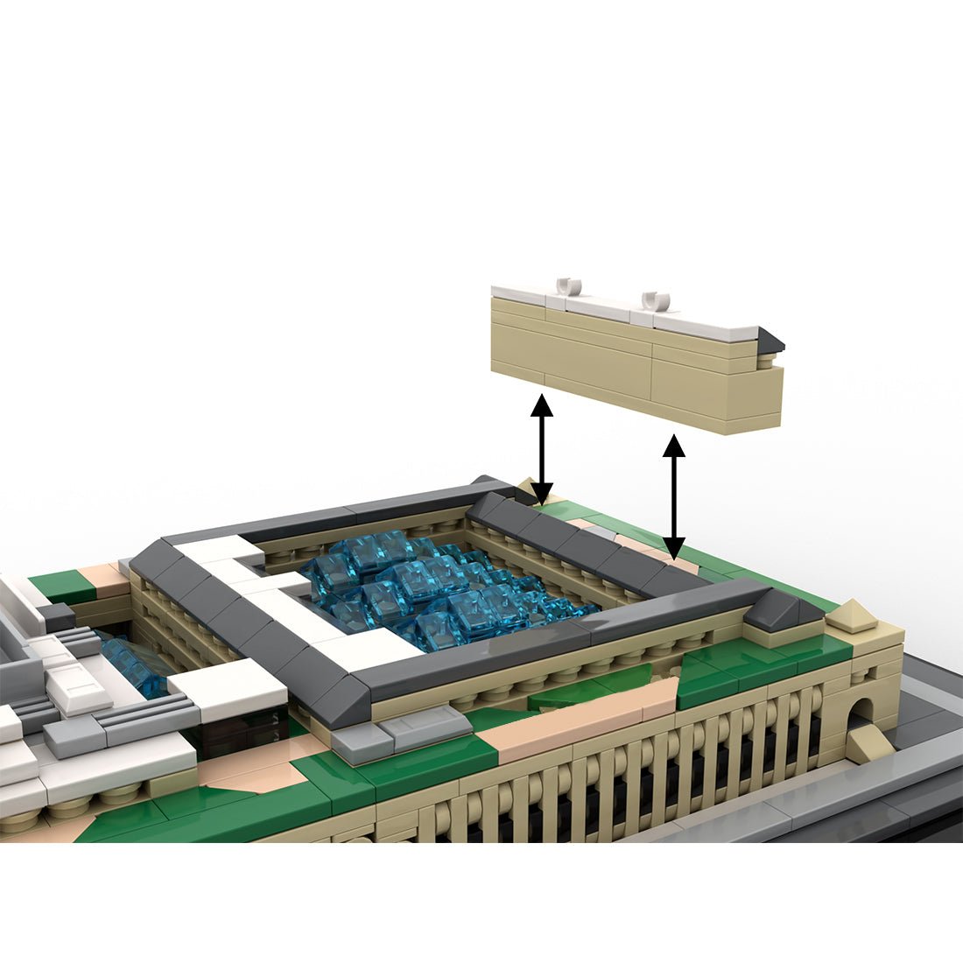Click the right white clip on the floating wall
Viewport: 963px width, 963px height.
tap(655, 300)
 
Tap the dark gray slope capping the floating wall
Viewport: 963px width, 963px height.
tap(770, 340)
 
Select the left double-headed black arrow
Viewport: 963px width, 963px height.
tap(542, 446)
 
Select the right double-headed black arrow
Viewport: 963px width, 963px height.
tap(673, 495)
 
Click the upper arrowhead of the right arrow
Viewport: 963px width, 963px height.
tap(673, 445)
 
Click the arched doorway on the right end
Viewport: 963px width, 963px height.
tap(861, 713)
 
